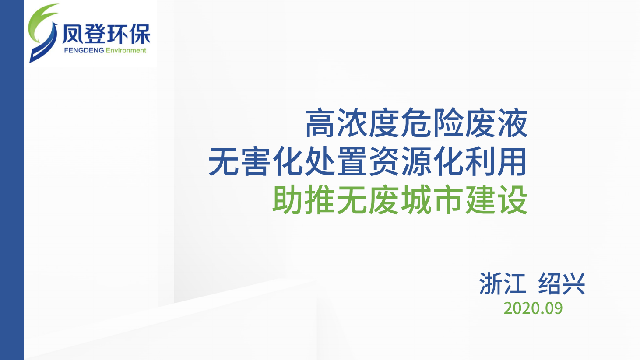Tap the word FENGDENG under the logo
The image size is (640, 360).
click(x=84, y=51)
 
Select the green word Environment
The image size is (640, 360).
click(x=126, y=51)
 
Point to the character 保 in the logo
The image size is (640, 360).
click(x=140, y=34)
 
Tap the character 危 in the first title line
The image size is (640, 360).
click(x=416, y=123)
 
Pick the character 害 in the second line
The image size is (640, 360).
click(x=256, y=161)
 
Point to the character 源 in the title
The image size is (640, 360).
click(x=416, y=161)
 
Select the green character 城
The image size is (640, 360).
click(x=416, y=199)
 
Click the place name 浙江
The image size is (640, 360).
click(x=502, y=283)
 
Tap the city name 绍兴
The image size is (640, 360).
click(x=562, y=283)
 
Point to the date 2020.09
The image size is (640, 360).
click(x=533, y=308)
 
